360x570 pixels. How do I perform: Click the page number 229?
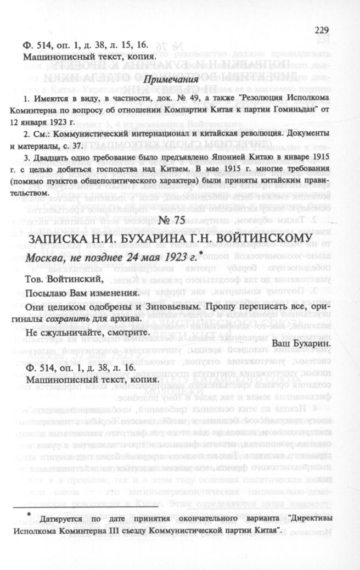click(x=320, y=31)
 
